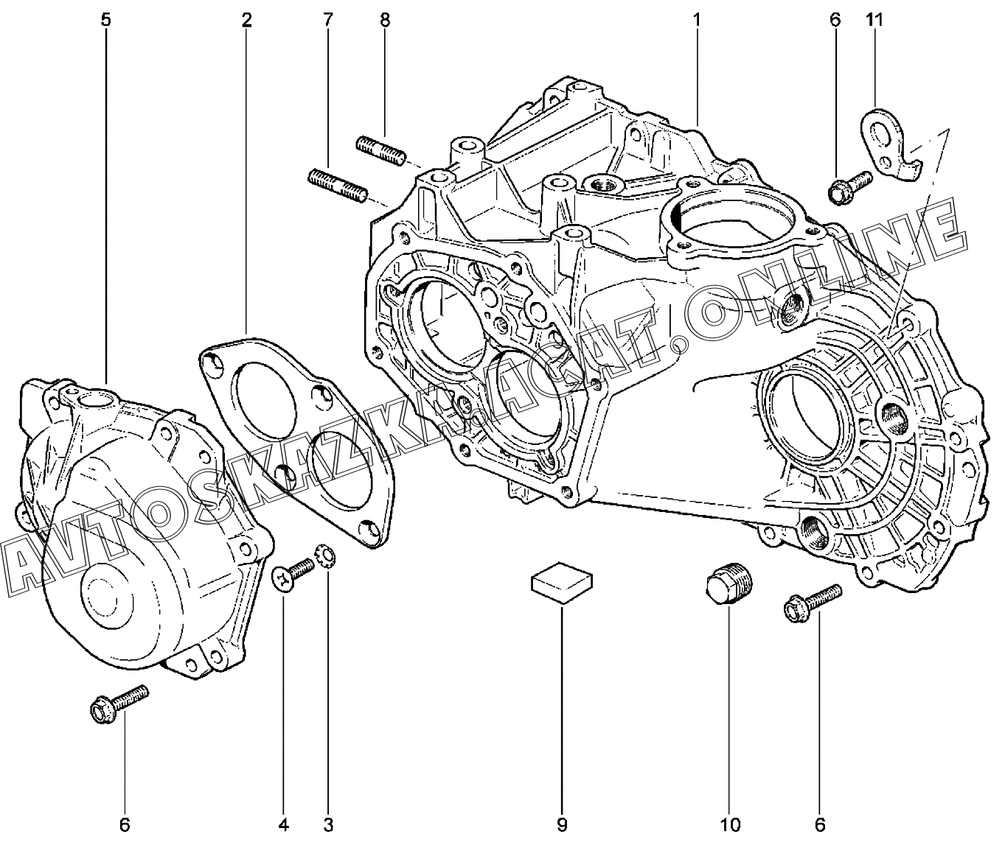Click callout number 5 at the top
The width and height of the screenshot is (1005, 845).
pyautogui.click(x=106, y=20)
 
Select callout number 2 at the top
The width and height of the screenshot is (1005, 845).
pyautogui.click(x=246, y=20)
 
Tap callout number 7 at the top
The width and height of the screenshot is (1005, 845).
pyautogui.click(x=328, y=20)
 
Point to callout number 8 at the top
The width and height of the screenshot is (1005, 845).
pyautogui.click(x=385, y=20)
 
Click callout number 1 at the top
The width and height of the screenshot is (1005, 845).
pyautogui.click(x=697, y=20)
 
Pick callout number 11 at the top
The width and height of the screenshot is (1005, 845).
pyautogui.click(x=874, y=20)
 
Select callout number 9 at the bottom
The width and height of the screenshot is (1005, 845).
pyautogui.click(x=562, y=825)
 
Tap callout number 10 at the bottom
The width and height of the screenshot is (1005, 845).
pyautogui.click(x=730, y=825)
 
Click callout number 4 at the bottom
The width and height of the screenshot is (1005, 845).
pyautogui.click(x=283, y=825)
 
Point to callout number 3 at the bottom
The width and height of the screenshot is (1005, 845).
pyautogui.click(x=328, y=825)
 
